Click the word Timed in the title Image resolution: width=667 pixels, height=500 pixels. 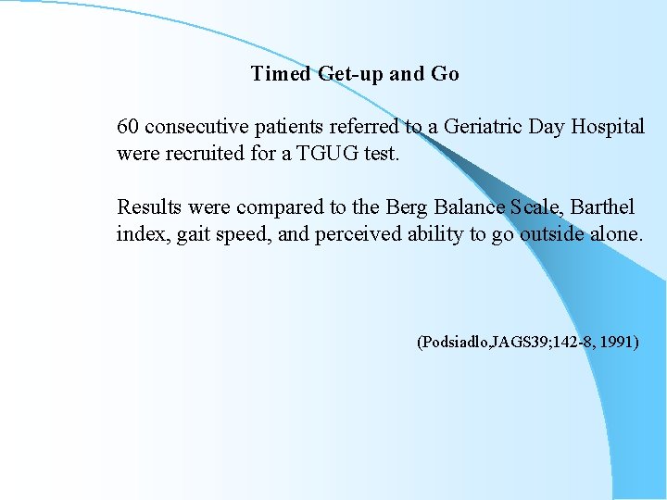click(x=281, y=74)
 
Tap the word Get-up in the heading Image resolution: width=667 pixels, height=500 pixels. click(x=351, y=74)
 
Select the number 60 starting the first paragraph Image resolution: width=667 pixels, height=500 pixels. click(x=128, y=126)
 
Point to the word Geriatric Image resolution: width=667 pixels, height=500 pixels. click(x=483, y=126)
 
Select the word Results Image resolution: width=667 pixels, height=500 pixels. click(x=147, y=206)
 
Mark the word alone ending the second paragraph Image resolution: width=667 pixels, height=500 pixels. click(x=613, y=234)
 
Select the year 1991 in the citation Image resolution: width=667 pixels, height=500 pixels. click(x=618, y=343)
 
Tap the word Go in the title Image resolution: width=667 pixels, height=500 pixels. click(x=445, y=74)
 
